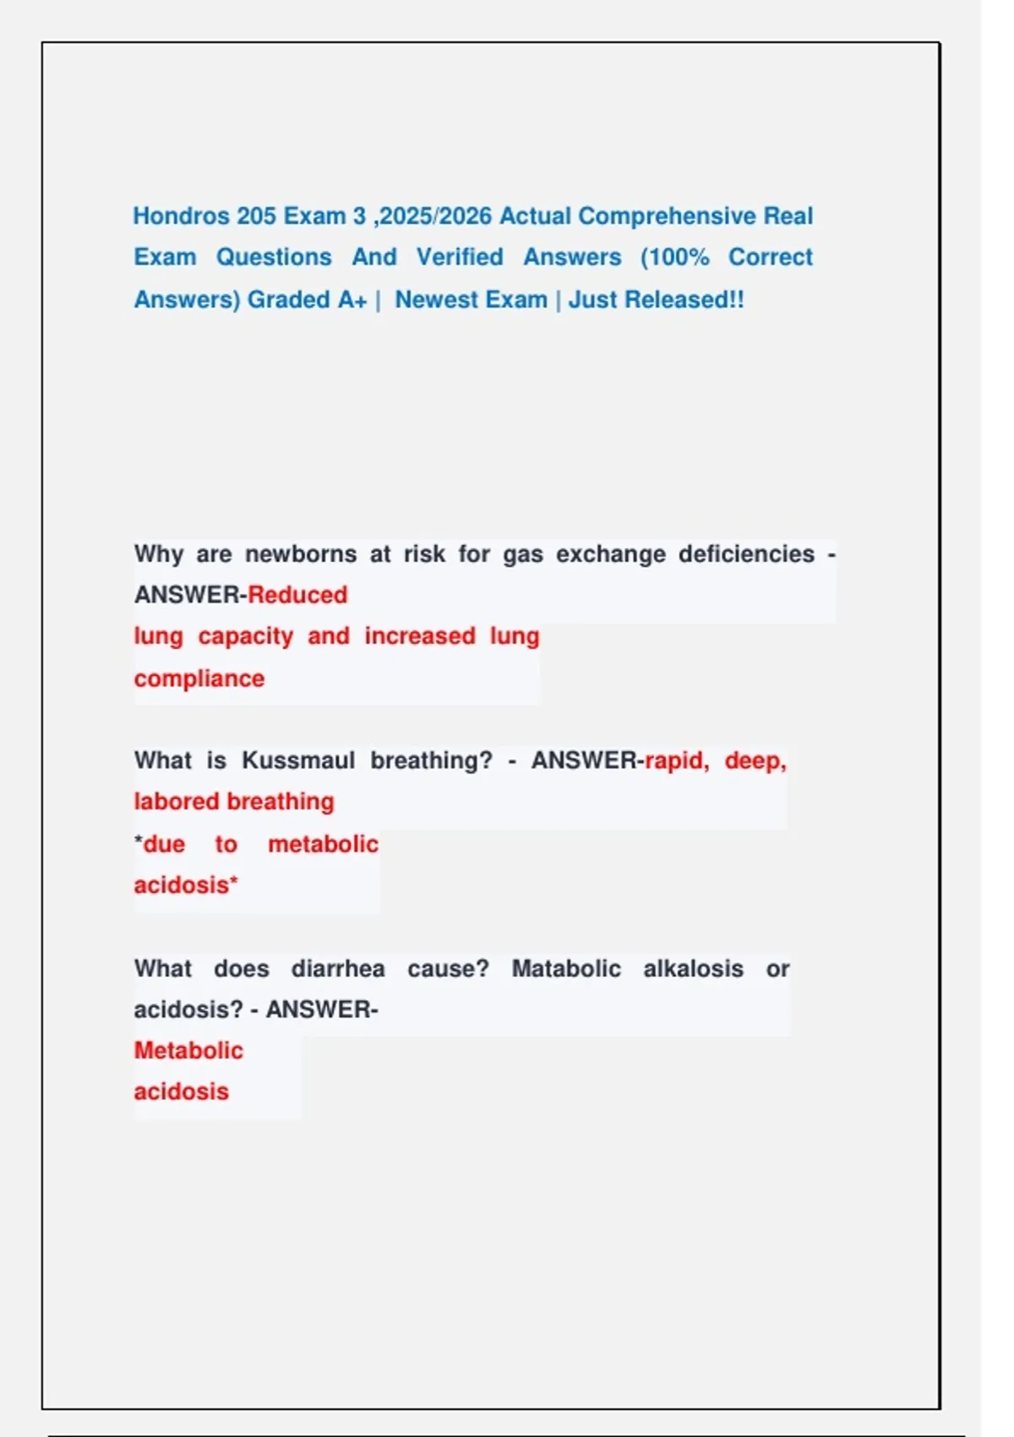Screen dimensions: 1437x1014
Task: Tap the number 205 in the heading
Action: point(256,216)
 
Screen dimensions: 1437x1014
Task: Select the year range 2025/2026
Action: point(435,216)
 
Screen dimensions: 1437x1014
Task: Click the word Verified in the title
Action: point(460,257)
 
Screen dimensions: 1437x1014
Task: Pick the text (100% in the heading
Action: point(675,257)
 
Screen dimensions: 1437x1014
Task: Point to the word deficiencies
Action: point(746,555)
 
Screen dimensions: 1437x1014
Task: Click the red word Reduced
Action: point(297,595)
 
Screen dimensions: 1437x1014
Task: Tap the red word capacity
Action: point(245,636)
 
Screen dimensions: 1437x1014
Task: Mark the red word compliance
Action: point(199,679)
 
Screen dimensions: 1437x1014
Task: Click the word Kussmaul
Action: point(298,761)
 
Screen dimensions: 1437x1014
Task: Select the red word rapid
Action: point(676,761)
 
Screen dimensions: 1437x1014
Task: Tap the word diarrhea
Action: point(338,969)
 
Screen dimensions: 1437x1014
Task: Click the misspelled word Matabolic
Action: point(566,969)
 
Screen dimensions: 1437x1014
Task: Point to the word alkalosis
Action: point(693,969)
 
